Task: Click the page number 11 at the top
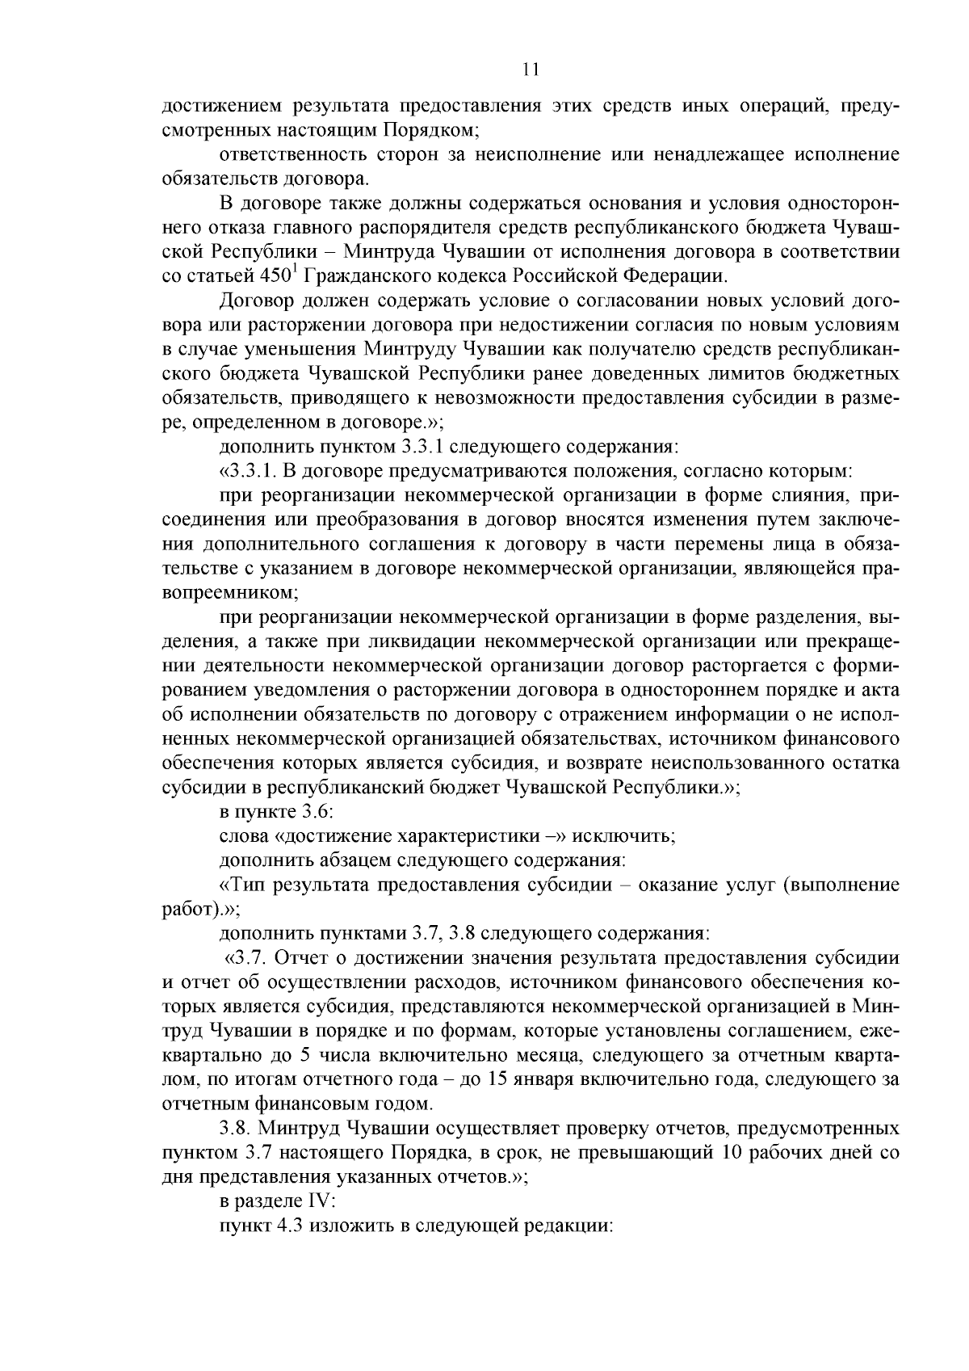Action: pyautogui.click(x=531, y=69)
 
